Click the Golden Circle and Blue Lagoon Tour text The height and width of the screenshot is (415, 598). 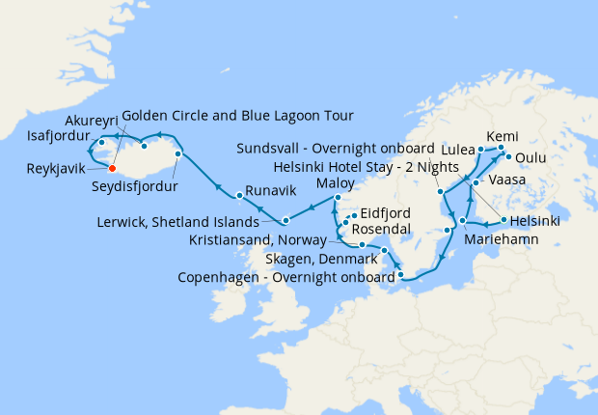point(237,116)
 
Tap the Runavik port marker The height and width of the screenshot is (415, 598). point(239,180)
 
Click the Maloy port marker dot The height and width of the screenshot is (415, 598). point(337,198)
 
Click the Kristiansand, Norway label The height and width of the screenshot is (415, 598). point(275,238)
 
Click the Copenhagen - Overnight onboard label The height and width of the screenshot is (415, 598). point(284,278)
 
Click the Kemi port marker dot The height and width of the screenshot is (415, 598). point(501,148)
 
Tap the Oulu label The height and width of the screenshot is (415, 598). point(530,156)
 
